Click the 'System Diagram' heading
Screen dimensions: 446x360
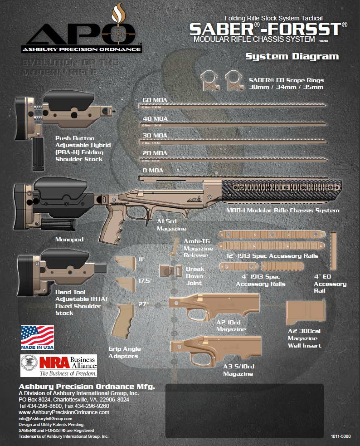tap(292, 57)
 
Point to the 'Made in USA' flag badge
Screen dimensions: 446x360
tap(37, 338)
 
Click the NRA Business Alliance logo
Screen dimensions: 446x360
tap(59, 366)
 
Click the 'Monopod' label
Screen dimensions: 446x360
tap(69, 239)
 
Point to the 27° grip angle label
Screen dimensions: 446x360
tap(144, 304)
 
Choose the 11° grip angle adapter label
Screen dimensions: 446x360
tap(141, 259)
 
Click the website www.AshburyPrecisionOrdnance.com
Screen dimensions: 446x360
tap(64, 412)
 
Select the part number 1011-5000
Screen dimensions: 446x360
tap(342, 436)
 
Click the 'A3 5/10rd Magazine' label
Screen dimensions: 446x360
tap(238, 370)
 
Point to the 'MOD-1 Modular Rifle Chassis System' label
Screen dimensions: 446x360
tap(282, 211)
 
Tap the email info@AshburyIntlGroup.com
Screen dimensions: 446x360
tap(45, 418)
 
